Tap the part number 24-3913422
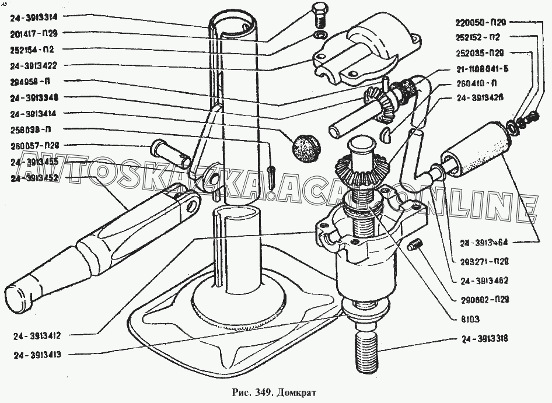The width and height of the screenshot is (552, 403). click(33, 65)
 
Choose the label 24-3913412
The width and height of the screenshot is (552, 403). click(40, 335)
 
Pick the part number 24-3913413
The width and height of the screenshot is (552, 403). click(40, 354)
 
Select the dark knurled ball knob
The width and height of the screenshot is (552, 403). click(306, 144)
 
